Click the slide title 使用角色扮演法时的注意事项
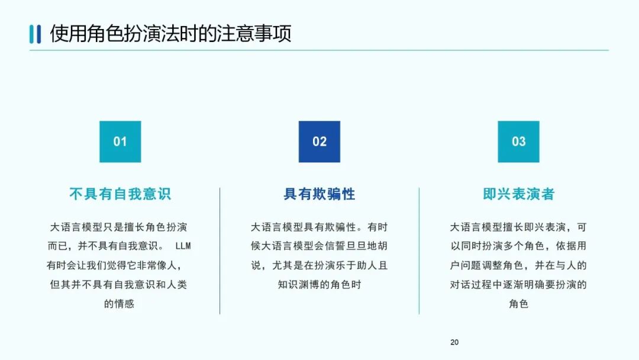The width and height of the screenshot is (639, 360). point(170,33)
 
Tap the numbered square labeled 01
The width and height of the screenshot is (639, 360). point(120,142)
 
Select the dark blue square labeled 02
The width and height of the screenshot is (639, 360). point(319,142)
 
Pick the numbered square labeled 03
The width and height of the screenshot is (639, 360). point(518,142)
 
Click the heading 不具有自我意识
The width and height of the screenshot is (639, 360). point(120,194)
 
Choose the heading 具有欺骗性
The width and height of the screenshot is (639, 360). point(319,194)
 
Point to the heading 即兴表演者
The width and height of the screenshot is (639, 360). point(518,194)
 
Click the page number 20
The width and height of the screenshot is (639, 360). point(454,342)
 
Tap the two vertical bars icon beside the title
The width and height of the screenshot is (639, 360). point(35,34)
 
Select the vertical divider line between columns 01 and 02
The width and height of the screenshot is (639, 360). point(220,250)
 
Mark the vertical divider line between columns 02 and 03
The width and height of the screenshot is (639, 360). point(419,250)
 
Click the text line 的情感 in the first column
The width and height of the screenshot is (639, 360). point(120,304)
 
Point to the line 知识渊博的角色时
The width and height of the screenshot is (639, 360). point(319,285)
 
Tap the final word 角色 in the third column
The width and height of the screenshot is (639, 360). point(518,304)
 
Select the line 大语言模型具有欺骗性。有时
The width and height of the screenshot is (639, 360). point(319,227)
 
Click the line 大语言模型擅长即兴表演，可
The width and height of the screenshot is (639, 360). point(518,227)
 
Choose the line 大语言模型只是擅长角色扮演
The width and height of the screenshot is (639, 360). point(120,227)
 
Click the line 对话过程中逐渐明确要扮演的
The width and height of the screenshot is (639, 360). point(518,285)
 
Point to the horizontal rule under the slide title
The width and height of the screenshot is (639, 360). point(319,50)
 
